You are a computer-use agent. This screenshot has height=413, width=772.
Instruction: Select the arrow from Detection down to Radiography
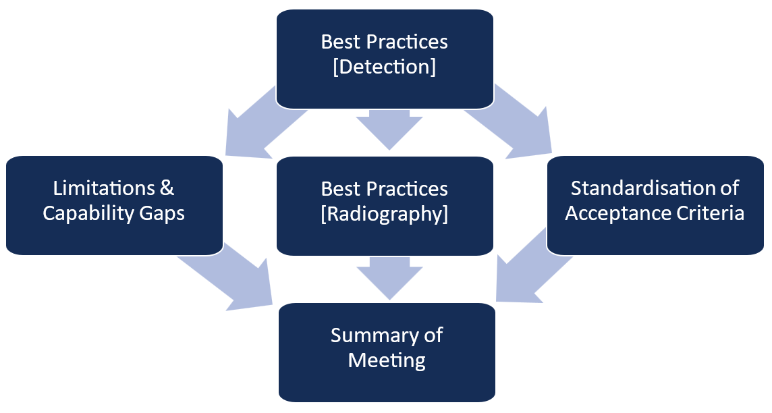389,129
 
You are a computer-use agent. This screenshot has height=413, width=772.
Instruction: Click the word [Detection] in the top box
385,66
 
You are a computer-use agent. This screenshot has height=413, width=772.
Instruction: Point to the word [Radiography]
385,214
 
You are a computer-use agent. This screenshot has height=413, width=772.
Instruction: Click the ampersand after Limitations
167,188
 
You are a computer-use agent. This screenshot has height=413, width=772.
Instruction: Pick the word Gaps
162,214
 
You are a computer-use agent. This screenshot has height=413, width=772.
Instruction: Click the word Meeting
387,360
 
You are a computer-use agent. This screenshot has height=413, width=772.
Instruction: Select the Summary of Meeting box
387,352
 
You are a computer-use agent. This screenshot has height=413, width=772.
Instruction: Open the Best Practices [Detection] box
385,59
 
